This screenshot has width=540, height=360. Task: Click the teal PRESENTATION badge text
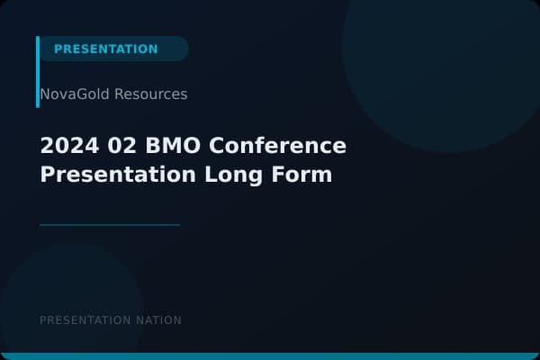(105, 49)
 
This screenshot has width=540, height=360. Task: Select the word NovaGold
(75, 94)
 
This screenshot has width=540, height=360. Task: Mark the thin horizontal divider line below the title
(110, 225)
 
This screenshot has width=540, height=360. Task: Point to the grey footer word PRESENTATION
(85, 320)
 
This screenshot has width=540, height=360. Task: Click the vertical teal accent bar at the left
(38, 72)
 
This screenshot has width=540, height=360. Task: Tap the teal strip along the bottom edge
(270, 356)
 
